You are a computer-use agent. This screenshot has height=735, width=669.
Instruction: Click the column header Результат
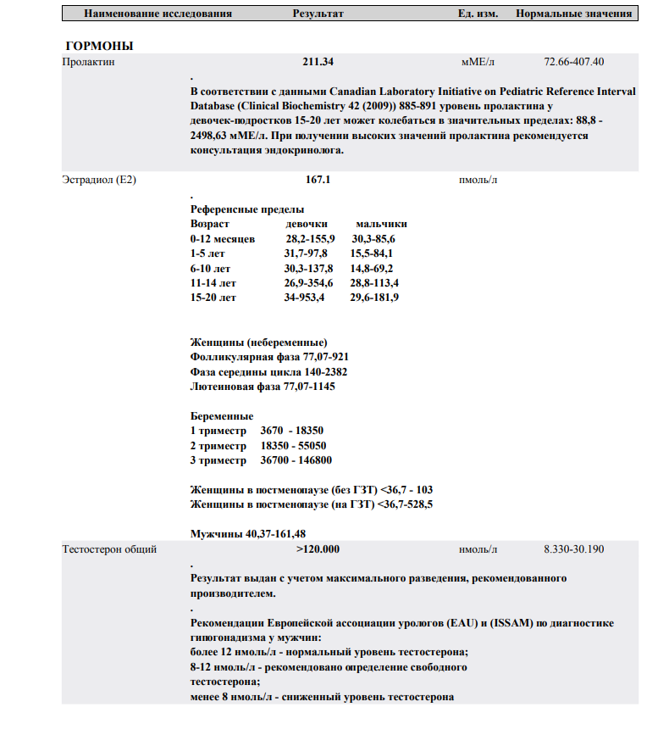coord(318,14)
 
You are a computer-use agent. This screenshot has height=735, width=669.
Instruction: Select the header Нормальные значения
coord(573,14)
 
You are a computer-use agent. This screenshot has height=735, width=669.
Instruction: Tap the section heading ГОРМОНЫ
coord(99,46)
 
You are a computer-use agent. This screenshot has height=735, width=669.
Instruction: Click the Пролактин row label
coord(89,62)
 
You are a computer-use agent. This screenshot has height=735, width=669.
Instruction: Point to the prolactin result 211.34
coord(318,62)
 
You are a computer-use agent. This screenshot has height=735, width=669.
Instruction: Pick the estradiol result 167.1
coord(318,180)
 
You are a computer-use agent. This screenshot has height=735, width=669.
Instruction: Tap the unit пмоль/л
coord(478,180)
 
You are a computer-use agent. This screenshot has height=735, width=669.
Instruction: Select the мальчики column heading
coord(381,224)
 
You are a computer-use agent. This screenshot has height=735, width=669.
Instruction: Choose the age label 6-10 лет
coord(211,269)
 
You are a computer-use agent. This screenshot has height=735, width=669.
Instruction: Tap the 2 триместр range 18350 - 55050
coord(294,446)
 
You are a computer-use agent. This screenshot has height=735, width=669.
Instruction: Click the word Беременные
coord(222,416)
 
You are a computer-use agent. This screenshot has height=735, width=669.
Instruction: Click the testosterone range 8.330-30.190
coord(573,549)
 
